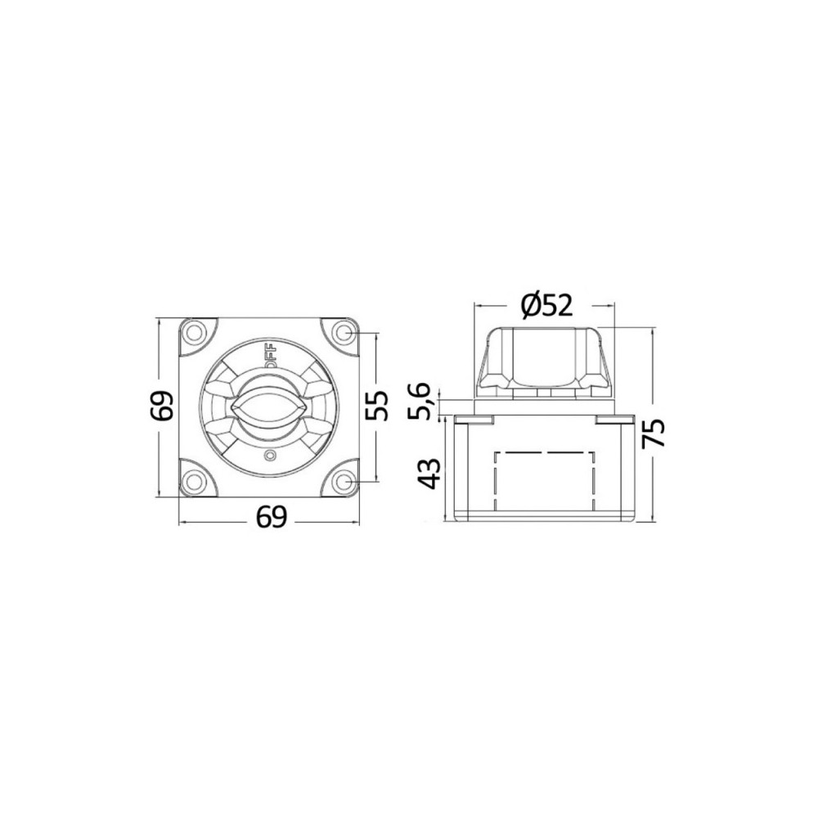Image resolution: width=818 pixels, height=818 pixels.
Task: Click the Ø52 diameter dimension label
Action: click(x=546, y=305)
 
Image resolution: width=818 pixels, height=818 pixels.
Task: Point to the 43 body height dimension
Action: click(x=431, y=473)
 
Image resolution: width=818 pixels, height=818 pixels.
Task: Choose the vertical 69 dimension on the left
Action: click(x=162, y=406)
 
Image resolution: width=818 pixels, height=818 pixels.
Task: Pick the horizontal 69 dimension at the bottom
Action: click(x=272, y=517)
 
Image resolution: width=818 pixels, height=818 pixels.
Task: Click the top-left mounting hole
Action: click(x=196, y=332)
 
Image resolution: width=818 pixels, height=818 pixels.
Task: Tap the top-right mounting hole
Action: click(x=342, y=332)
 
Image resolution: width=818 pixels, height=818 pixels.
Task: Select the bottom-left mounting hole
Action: click(x=196, y=479)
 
